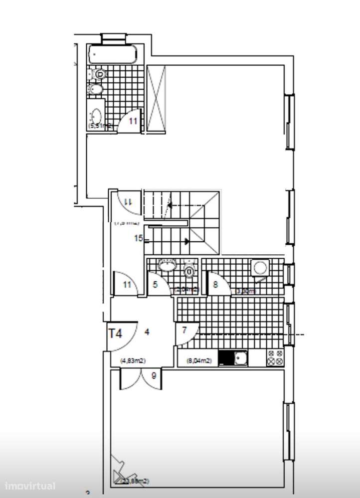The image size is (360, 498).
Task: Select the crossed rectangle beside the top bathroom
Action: pos(156,99)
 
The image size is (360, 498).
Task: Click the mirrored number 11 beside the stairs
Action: pos(127,202)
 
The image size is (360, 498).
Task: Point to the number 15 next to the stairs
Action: pos(139,238)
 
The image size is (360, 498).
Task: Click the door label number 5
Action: pos(155,285)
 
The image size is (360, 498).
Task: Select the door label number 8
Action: pos(215,285)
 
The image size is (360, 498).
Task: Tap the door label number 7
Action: pos(184,330)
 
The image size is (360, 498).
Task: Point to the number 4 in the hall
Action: pos(147,331)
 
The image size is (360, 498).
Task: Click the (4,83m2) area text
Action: pos(133,361)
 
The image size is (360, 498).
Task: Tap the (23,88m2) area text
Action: pos(135,481)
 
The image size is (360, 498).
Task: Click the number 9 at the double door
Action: pos(154,376)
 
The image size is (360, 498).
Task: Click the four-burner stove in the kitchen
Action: pos(275,358)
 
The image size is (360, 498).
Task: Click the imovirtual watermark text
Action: pos(30,486)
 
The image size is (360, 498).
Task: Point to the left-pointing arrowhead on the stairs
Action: pos(170,204)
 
